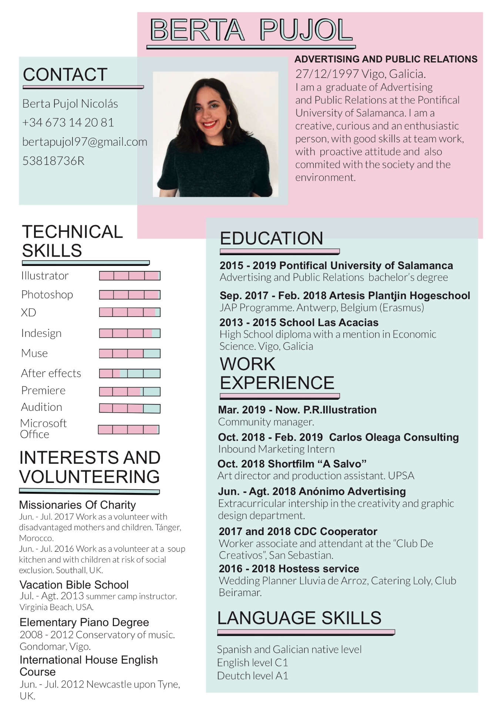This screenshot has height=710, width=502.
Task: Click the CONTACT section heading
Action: pos(65,75)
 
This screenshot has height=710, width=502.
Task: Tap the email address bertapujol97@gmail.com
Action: pos(85,142)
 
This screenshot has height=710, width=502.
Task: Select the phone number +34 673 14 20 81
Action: pos(68,122)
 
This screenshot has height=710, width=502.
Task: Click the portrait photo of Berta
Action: pos(215,134)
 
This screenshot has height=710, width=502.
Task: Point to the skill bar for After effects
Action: pos(129,373)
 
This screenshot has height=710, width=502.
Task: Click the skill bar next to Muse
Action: pos(129,354)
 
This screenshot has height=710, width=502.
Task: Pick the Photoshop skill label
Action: pos(47,294)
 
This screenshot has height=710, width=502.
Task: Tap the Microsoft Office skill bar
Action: pos(128,429)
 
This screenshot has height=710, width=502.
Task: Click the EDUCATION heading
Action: pos(272,238)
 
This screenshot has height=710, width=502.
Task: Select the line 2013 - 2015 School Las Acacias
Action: pos(299,322)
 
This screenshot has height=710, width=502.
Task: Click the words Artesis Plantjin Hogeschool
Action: pos(400,295)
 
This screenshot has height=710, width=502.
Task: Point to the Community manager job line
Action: pos(266,422)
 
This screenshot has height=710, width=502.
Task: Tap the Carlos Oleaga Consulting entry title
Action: pos(394,437)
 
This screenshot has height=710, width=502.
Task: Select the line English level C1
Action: pos(252,662)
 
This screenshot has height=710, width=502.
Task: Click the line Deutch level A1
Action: pos(252,676)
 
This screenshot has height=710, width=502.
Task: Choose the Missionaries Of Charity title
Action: pos(77,505)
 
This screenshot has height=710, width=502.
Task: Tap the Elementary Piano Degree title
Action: pos(84,622)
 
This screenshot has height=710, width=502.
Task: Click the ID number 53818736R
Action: pos(54,161)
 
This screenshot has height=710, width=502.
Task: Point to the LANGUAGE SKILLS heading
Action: pos(299,618)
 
